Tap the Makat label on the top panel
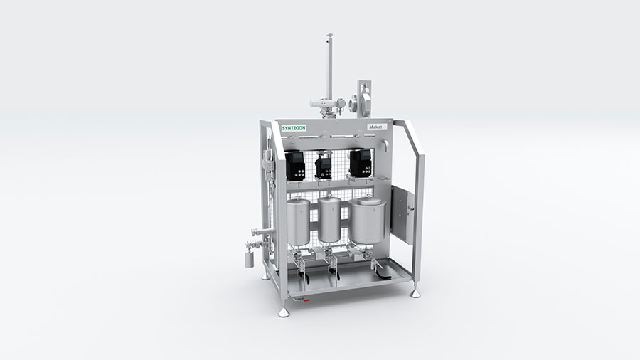click(375, 127)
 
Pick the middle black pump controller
click(324, 166)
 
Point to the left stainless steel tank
click(297, 222)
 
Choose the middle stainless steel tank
click(329, 221)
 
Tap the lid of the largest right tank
click(366, 202)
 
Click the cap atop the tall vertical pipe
click(329, 36)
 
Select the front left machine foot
click(284, 311)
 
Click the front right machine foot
click(415, 292)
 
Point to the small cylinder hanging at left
click(249, 258)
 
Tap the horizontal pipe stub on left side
click(259, 231)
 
